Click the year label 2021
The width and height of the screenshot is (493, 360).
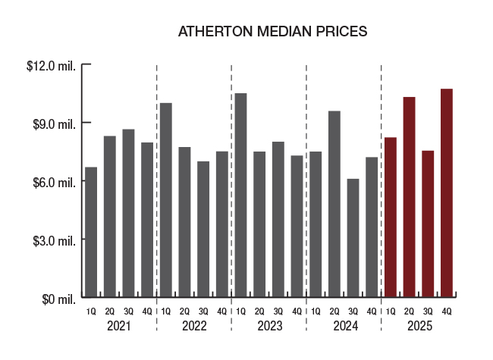tap(118, 327)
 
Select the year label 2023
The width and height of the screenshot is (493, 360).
tap(268, 327)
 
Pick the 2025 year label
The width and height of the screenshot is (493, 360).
tap(419, 327)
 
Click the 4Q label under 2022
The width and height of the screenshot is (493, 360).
tap(221, 311)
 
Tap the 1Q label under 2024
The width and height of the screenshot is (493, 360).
tap(316, 311)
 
